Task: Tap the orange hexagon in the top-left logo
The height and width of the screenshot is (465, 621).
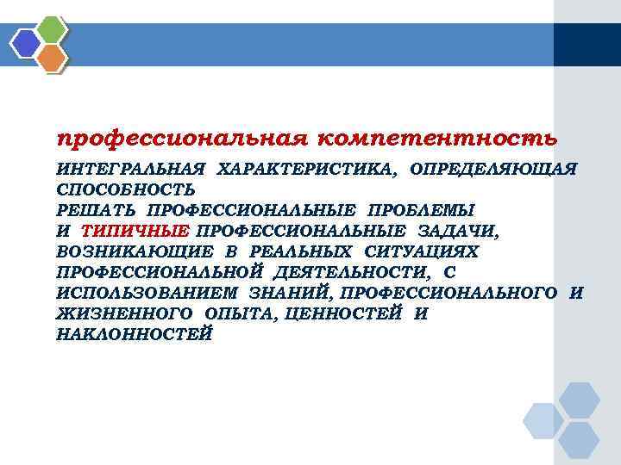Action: (x=53, y=58)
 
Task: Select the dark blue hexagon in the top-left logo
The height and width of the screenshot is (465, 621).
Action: (x=27, y=42)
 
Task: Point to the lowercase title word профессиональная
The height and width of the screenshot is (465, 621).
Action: (x=179, y=138)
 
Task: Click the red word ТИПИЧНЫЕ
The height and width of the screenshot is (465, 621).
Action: (x=135, y=230)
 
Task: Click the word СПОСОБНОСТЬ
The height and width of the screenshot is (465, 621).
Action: (x=125, y=189)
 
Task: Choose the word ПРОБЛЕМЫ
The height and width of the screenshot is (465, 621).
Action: (x=421, y=209)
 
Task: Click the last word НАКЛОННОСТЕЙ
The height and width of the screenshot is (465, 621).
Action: (x=133, y=334)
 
